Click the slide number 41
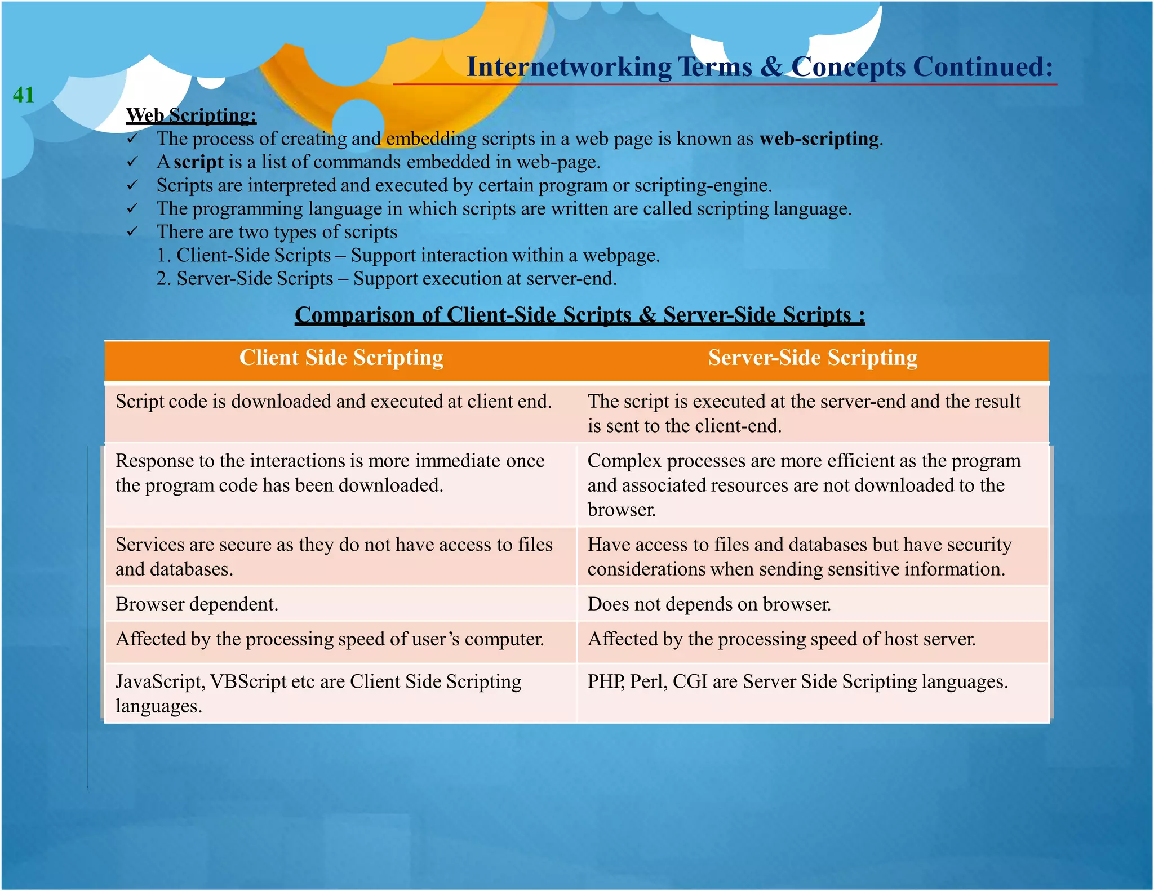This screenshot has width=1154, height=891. [x=23, y=95]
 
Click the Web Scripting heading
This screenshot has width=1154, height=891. [x=191, y=115]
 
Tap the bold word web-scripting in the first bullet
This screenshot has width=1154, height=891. [x=819, y=139]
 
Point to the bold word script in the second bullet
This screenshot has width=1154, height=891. [x=198, y=162]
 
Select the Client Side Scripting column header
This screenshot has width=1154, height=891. [x=341, y=358]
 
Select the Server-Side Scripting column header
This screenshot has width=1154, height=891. [x=812, y=358]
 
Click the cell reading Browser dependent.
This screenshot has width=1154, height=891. [x=197, y=604]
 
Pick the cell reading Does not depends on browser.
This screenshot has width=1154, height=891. [x=709, y=604]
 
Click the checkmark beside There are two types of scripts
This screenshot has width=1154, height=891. [x=132, y=231]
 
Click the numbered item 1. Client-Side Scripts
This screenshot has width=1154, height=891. [x=243, y=256]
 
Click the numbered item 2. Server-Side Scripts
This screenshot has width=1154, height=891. [x=245, y=279]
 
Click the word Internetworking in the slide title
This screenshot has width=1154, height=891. [x=569, y=67]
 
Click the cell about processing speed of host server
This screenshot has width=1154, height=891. [x=781, y=639]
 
